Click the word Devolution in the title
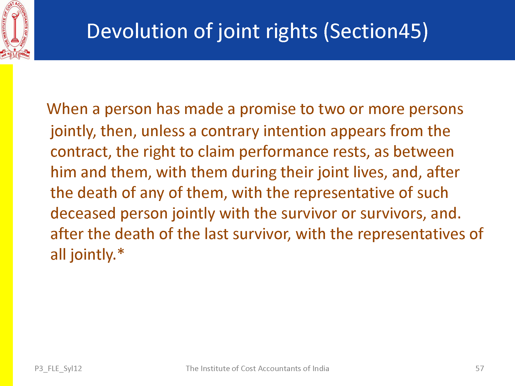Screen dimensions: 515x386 coord(137,31)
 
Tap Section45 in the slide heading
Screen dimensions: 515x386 coord(376,31)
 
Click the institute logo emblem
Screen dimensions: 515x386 coord(15,30)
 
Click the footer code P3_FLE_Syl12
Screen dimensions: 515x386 coord(58,369)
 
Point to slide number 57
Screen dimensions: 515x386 coord(479,369)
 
